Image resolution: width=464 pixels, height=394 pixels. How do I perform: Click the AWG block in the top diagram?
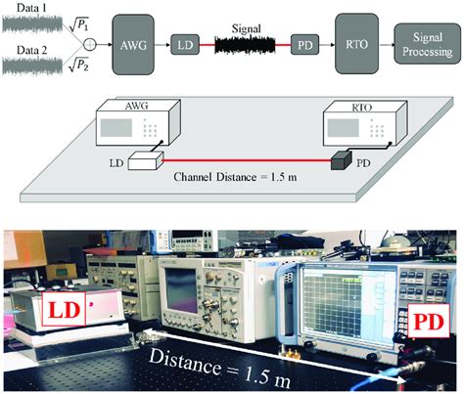point(133,45)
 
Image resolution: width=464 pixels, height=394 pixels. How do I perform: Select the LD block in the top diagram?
point(185,44)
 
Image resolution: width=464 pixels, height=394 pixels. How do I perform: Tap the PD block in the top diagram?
point(304,44)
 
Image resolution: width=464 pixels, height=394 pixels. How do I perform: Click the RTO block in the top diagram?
point(356,44)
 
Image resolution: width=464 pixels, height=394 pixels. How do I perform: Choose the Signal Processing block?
point(428,44)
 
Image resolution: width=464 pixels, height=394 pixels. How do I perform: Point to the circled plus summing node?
point(90,44)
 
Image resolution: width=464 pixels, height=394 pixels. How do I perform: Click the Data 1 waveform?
point(32,24)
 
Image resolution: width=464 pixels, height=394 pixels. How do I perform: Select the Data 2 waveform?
point(32,66)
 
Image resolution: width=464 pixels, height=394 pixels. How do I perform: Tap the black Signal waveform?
point(245,45)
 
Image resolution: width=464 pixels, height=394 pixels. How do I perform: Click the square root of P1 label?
point(78,24)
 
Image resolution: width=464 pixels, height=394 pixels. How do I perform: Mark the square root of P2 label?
point(78,65)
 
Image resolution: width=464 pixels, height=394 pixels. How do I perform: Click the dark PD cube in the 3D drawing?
point(341,160)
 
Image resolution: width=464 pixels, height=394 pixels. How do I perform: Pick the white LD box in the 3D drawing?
point(145,160)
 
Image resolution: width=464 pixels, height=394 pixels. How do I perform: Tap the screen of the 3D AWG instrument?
point(116,128)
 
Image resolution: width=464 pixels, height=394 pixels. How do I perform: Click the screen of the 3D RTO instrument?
point(344,128)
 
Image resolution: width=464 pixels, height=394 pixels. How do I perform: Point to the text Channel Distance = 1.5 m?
point(235,177)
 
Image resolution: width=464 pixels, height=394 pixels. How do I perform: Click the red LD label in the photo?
point(64,309)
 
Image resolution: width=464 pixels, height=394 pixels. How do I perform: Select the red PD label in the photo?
point(429,321)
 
